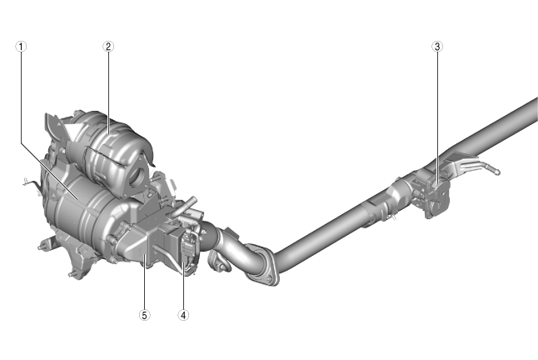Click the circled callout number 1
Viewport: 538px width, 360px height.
(21, 47)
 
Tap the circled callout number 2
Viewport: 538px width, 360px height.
(108, 47)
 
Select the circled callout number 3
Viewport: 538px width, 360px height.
(437, 47)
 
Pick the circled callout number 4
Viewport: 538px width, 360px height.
(183, 315)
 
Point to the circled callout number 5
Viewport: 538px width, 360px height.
(144, 315)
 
